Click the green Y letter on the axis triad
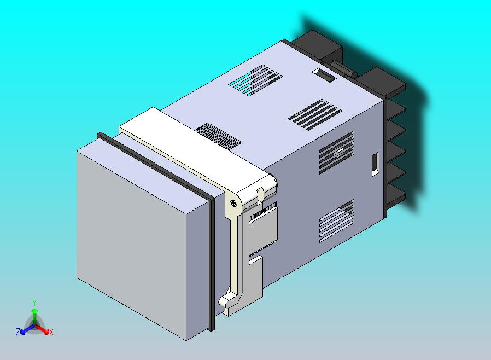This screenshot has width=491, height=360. (34, 303)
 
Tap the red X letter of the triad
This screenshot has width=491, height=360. (51, 332)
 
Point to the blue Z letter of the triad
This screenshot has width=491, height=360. (18, 332)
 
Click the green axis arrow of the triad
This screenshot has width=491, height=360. (34, 315)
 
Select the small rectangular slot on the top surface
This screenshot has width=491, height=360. (324, 76)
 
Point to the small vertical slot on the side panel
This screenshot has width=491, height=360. (375, 164)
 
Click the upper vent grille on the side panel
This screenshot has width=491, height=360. (336, 151)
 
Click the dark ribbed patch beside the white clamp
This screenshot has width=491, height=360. (218, 135)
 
